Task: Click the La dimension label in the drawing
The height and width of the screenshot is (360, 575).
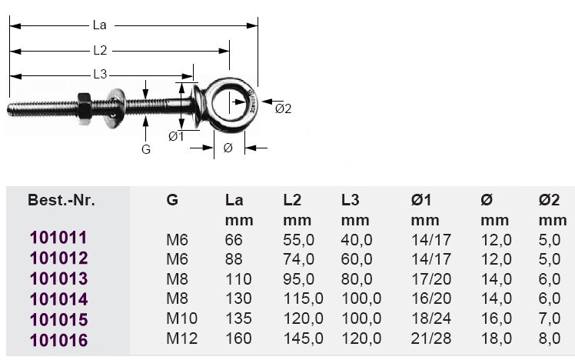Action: click(99, 25)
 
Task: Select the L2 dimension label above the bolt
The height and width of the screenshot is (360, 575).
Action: click(99, 51)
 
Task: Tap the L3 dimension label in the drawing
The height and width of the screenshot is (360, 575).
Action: click(99, 75)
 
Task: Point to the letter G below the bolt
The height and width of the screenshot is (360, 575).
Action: click(146, 149)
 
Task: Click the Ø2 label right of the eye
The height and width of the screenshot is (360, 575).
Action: click(283, 108)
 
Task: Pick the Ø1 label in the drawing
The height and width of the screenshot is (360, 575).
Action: click(175, 136)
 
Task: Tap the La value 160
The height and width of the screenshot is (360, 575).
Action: click(238, 339)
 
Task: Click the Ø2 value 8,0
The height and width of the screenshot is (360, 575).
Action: click(550, 339)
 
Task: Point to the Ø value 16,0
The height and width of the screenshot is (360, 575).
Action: click(496, 319)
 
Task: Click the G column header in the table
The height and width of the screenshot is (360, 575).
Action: click(172, 201)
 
